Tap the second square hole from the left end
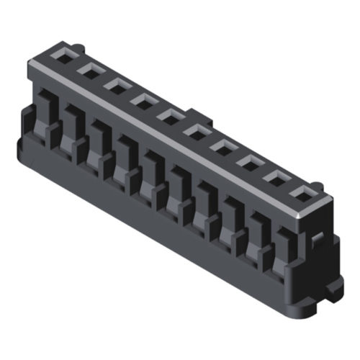(x=90, y=70)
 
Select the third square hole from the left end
(x=116, y=85)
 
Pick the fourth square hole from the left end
(x=143, y=101)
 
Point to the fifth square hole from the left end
(x=168, y=116)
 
